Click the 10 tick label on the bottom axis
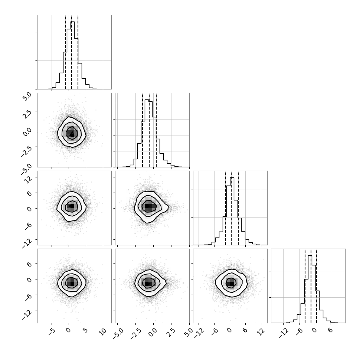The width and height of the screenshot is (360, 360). (103, 331)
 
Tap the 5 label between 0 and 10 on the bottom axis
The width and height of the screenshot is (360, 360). (85, 330)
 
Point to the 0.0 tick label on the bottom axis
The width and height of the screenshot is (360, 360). (153, 333)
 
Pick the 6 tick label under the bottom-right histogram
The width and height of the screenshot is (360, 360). (330, 330)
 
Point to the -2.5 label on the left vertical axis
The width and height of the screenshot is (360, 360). (26, 151)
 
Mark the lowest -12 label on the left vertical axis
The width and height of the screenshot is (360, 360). (27, 314)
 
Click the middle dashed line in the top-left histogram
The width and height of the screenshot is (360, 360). (72, 52)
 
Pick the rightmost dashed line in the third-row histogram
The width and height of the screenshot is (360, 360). (238, 208)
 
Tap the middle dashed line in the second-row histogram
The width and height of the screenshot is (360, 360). (149, 130)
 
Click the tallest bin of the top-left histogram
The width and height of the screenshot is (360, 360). (72, 55)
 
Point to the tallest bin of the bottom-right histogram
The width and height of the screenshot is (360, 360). (310, 289)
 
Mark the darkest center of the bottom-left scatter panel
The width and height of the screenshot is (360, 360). (72, 284)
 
